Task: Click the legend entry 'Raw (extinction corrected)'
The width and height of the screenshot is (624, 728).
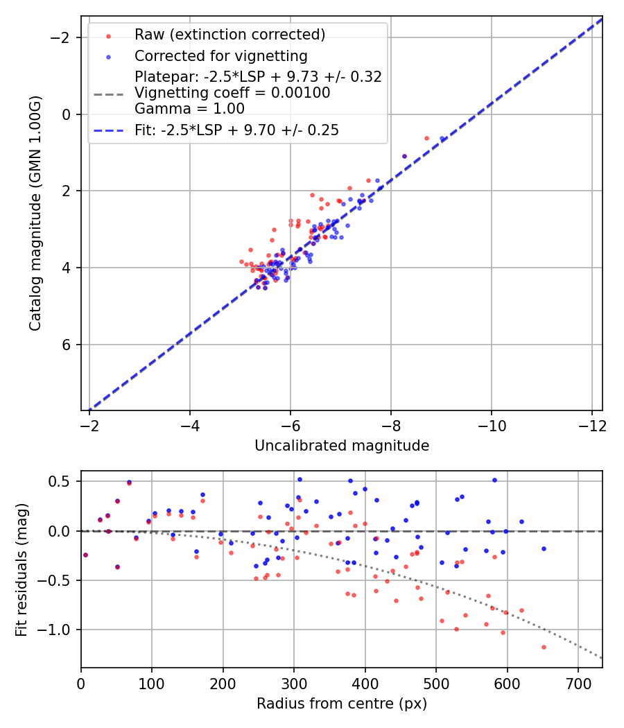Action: [x=229, y=35]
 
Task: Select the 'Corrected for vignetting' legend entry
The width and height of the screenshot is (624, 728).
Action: [x=220, y=55]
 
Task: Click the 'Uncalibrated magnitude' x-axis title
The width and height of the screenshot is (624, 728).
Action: [x=341, y=446]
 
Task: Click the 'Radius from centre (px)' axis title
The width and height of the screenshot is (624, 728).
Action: [x=341, y=704]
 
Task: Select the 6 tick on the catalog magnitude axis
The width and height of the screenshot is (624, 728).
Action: [x=67, y=345]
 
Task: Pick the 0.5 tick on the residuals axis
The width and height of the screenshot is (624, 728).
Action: [x=63, y=481]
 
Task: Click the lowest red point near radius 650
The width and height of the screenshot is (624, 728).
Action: [x=544, y=647]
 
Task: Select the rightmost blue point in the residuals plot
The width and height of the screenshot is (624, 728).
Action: [x=544, y=548]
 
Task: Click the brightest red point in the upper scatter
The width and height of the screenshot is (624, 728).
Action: [x=426, y=138]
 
